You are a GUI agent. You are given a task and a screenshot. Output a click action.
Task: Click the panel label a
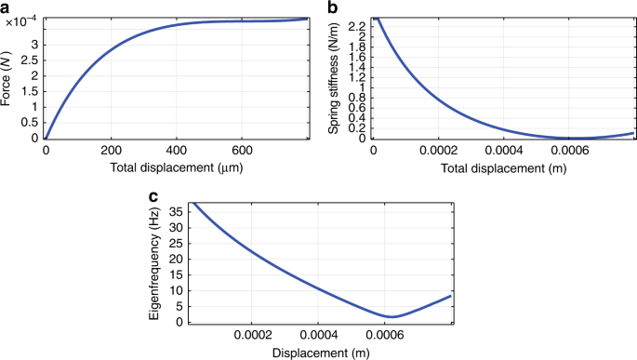click(7, 8)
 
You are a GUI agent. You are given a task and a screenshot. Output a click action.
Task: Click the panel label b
click(333, 8)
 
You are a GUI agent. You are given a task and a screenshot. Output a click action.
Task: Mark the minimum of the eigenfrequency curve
click(392, 317)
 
